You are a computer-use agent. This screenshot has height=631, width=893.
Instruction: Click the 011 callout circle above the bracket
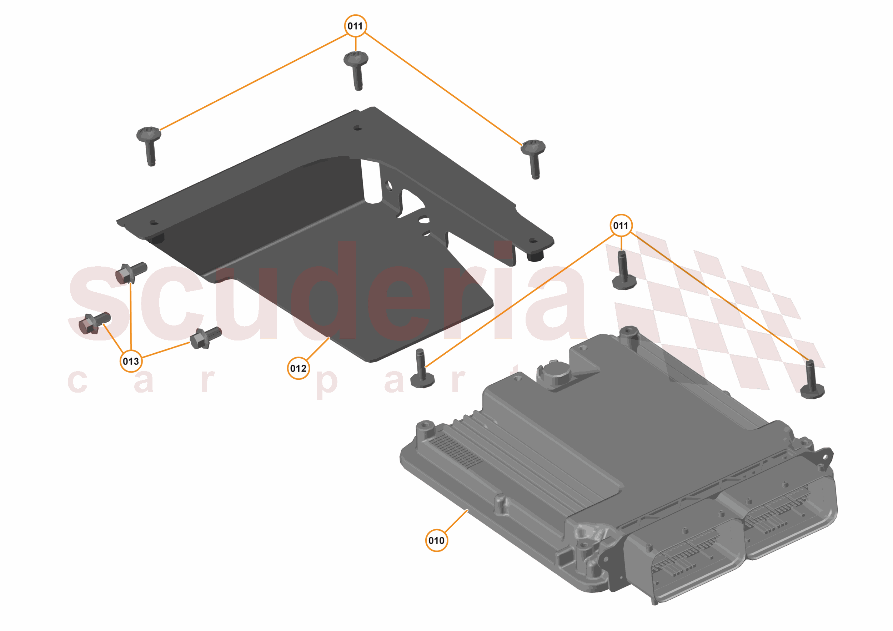[x=356, y=26]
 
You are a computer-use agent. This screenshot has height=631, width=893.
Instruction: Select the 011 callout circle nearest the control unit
[x=621, y=226]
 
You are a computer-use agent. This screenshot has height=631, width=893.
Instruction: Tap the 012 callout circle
[x=298, y=368]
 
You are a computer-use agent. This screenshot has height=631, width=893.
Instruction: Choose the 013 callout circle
[x=131, y=361]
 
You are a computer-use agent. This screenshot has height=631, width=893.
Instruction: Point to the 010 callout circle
[x=436, y=540]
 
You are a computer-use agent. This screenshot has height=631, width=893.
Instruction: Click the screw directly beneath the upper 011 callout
[x=356, y=70]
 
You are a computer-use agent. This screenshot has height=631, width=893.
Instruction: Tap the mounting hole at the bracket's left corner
[x=154, y=223]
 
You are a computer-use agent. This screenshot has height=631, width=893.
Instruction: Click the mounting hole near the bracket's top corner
[x=357, y=127]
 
